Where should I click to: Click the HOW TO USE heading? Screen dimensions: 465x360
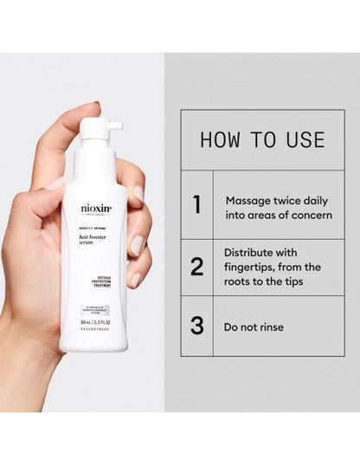tap(262, 139)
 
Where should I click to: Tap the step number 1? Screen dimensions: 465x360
tap(196, 204)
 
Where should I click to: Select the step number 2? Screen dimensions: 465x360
tap(196, 266)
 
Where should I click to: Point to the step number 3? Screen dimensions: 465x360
tap(196, 326)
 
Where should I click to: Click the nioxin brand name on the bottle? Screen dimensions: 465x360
tap(95, 208)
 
